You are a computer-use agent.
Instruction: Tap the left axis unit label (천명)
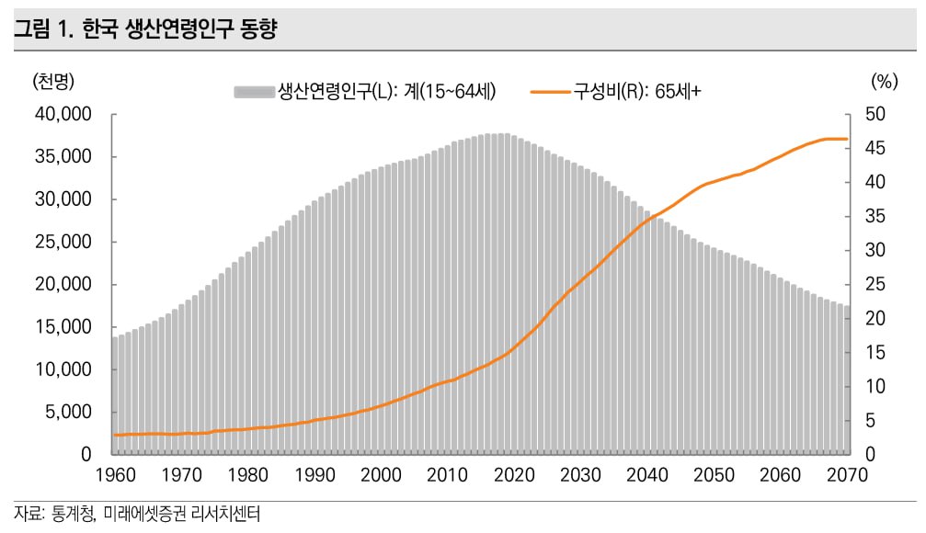(x=52, y=81)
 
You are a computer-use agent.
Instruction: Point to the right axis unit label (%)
(x=883, y=81)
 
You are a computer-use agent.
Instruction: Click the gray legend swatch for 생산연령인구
(x=254, y=91)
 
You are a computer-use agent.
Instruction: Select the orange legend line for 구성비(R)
(x=551, y=91)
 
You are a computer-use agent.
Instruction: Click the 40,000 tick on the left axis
(x=63, y=115)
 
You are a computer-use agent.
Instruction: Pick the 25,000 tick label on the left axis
(x=63, y=243)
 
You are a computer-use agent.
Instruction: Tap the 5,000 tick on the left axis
(x=68, y=413)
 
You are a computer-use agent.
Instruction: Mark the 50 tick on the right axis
(x=875, y=115)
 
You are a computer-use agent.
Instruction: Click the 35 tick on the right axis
(x=875, y=217)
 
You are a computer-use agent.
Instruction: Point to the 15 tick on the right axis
(x=875, y=353)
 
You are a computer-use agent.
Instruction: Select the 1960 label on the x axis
(x=116, y=475)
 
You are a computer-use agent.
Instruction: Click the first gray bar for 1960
(x=115, y=395)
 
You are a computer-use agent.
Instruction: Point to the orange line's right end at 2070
(x=847, y=139)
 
